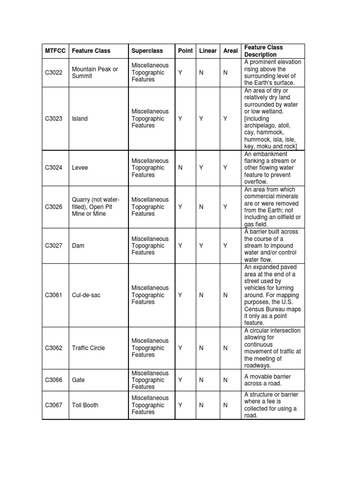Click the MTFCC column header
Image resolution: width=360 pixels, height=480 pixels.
pyautogui.click(x=55, y=51)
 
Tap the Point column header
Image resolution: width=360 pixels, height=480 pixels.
pyautogui.click(x=185, y=51)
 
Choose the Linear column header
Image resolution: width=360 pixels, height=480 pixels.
pyautogui.click(x=208, y=51)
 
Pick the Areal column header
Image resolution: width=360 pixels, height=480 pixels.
pyautogui.click(x=231, y=51)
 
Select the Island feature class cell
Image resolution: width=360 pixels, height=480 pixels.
pyautogui.click(x=80, y=119)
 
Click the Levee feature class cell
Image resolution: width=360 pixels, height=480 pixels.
pyautogui.click(x=79, y=168)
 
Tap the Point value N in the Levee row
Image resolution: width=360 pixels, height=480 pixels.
pyautogui.click(x=180, y=168)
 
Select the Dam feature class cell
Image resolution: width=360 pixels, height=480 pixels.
pyautogui.click(x=78, y=246)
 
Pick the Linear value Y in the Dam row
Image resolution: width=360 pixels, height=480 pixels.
pyautogui.click(x=201, y=246)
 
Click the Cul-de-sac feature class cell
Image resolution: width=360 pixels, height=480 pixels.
pyautogui.click(x=86, y=295)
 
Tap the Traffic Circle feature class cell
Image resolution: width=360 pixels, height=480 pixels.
pyautogui.click(x=88, y=348)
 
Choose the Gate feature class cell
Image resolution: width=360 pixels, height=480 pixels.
pyautogui.click(x=79, y=380)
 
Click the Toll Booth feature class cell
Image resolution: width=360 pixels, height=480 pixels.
pyautogui.click(x=85, y=405)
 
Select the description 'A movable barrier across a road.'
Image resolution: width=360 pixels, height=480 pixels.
pyautogui.click(x=266, y=380)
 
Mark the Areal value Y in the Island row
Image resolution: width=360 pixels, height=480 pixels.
pyautogui.click(x=225, y=119)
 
